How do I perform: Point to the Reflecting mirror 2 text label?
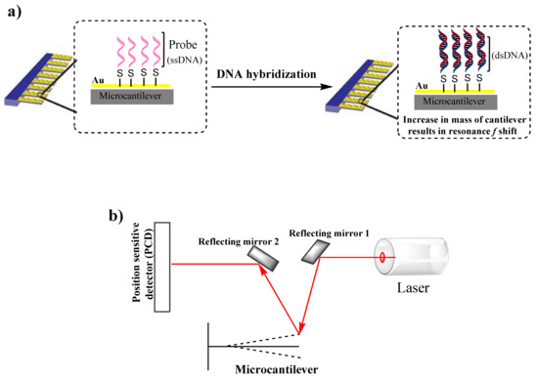[240, 240]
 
